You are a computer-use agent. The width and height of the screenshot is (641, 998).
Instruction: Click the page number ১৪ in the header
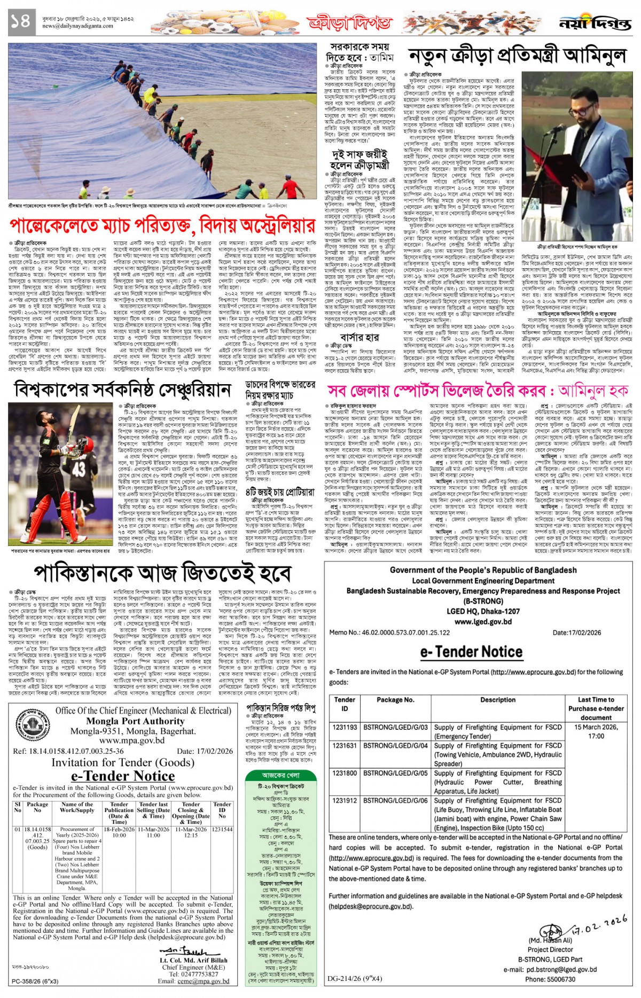20,21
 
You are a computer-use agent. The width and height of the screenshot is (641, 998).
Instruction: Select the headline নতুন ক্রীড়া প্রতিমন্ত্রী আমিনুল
517,56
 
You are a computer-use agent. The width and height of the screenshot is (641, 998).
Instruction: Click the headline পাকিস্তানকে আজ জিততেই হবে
162,573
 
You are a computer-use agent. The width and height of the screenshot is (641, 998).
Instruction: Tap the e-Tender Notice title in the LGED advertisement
471,651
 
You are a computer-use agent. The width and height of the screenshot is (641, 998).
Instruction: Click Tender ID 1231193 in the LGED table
345,727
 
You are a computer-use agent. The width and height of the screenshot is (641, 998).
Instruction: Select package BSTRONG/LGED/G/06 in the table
395,800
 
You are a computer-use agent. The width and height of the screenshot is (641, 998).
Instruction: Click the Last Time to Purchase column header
596,708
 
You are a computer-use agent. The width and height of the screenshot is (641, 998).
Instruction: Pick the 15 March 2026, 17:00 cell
596,731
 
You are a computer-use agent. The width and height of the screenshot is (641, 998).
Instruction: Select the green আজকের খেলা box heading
281,775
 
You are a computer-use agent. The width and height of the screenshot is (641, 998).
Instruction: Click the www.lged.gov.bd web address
483,621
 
